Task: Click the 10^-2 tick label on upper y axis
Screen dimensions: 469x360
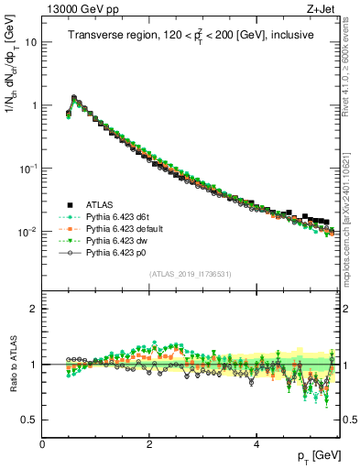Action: point(27,232)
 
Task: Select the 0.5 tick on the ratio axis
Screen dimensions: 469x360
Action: point(29,420)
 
